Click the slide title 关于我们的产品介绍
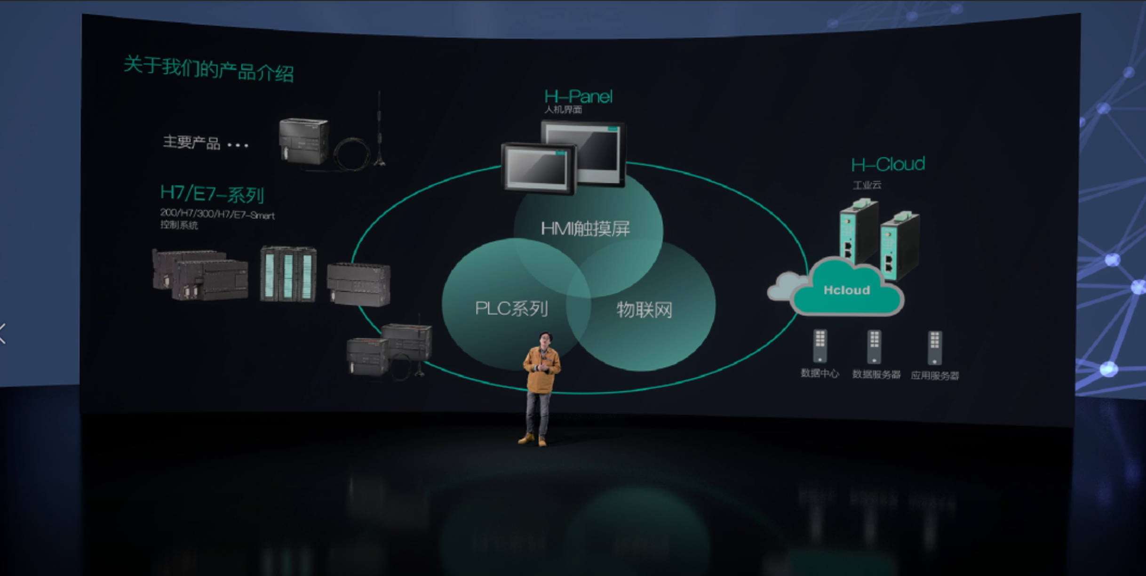click(x=208, y=69)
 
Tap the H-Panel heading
click(x=578, y=96)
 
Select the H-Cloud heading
click(x=888, y=164)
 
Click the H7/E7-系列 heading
click(x=212, y=193)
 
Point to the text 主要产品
click(x=191, y=142)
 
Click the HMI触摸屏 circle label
click(x=585, y=229)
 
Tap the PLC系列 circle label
click(x=511, y=309)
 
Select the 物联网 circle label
click(x=644, y=310)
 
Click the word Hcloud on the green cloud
click(x=846, y=290)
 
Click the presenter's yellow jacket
click(x=541, y=369)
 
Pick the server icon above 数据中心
click(x=820, y=346)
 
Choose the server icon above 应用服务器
click(x=934, y=348)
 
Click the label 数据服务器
click(x=876, y=375)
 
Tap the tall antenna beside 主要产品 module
click(x=379, y=127)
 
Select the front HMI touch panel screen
click(x=537, y=168)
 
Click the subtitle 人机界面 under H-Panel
click(x=563, y=110)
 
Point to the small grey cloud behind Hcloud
click(x=782, y=286)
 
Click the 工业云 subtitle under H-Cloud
click(x=867, y=185)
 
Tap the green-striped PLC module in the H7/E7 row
click(x=288, y=274)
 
